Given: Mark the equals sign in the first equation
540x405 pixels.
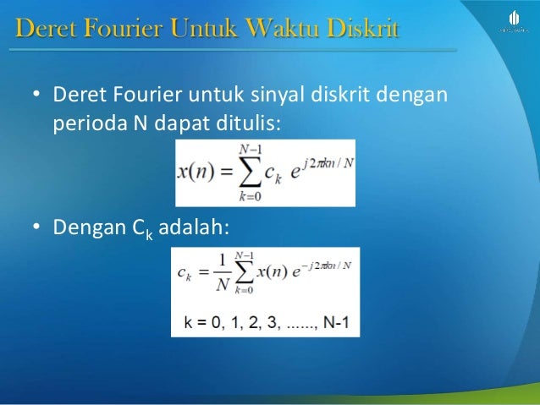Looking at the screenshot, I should click(x=225, y=172).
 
